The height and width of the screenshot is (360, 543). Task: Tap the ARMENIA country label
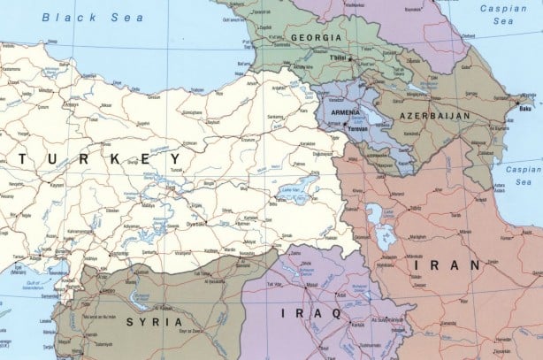tap(345, 113)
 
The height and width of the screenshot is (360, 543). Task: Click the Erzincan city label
tap(189, 142)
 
